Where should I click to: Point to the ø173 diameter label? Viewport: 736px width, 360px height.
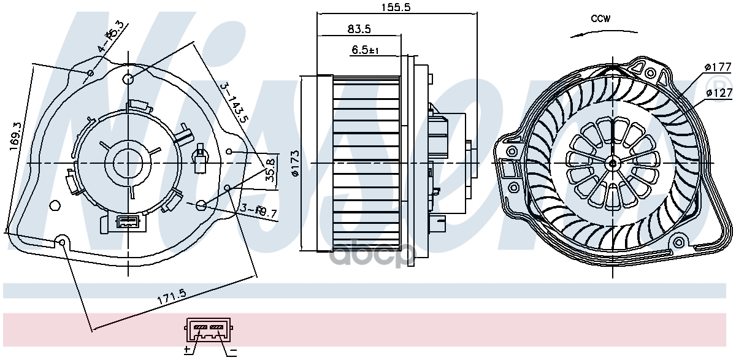[295, 164]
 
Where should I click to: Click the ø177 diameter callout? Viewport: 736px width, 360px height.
[718, 67]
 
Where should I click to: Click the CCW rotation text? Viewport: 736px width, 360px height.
[600, 18]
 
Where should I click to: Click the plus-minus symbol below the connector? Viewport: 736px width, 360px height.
[188, 350]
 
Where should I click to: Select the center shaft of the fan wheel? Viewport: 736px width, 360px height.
[613, 163]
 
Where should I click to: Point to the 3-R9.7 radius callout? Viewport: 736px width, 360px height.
[258, 212]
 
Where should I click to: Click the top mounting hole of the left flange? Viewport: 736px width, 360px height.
[128, 79]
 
